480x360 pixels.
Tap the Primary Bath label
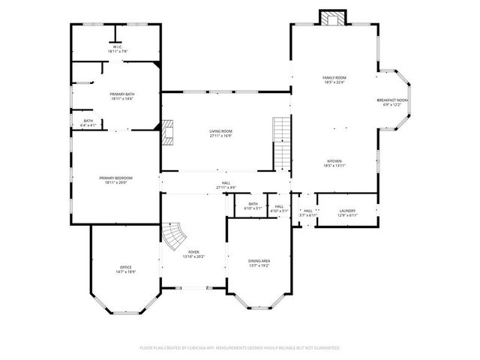pos(122,96)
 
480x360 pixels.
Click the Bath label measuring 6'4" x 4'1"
pos(88,123)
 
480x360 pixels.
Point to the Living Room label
pos(220,133)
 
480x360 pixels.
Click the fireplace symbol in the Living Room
pos(169,133)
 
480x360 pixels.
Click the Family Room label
pos(334,80)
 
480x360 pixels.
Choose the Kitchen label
pos(334,163)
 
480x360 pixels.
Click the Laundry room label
pos(347,213)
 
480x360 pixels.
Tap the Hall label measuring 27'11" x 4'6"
pos(226,184)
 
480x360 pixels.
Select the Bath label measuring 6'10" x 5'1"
pos(253,205)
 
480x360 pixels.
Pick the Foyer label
pos(193,254)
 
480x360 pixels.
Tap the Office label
pos(125,269)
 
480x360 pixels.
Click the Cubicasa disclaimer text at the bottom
pos(240,348)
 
